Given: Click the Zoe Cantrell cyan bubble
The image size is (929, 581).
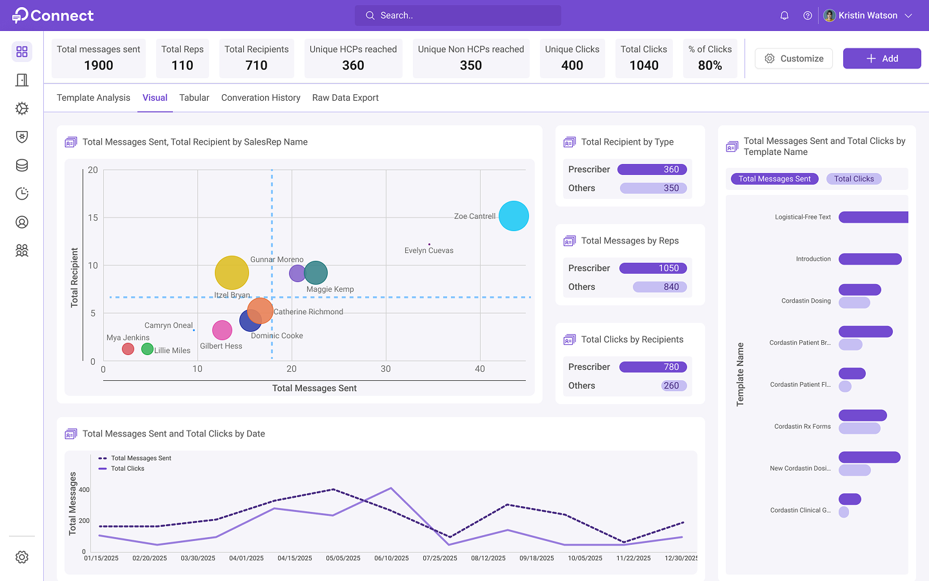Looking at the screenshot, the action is [x=514, y=216].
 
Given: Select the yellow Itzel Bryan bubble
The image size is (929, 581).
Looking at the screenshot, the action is [x=232, y=272].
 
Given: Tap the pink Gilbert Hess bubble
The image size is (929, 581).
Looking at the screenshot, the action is [x=222, y=331].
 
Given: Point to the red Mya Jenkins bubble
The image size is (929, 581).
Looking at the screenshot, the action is [x=128, y=349].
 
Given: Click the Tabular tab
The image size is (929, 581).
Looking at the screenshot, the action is [x=194, y=97].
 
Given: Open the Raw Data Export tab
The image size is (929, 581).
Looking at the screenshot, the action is [x=345, y=97].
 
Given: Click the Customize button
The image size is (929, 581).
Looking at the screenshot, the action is [x=794, y=59].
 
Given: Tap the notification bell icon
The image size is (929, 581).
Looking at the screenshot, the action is [x=784, y=15].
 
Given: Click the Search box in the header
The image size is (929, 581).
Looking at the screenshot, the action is [x=458, y=15].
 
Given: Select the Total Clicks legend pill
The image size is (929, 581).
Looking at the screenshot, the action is [x=854, y=179].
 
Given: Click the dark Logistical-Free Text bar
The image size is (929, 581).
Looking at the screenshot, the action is [x=874, y=217].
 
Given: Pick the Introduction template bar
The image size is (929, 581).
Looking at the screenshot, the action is [x=870, y=259].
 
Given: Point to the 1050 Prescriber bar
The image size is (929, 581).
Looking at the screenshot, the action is [x=653, y=268].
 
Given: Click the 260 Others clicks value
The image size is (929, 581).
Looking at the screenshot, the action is [x=671, y=385].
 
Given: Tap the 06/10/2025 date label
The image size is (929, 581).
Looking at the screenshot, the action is [x=392, y=558].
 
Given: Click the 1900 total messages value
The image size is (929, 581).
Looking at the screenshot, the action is [x=98, y=65].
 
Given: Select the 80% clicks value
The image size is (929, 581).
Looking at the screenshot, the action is [x=710, y=65].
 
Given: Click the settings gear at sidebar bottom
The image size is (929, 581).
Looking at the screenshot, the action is [x=22, y=557].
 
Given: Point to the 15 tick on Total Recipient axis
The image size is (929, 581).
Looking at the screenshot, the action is [x=93, y=218].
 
